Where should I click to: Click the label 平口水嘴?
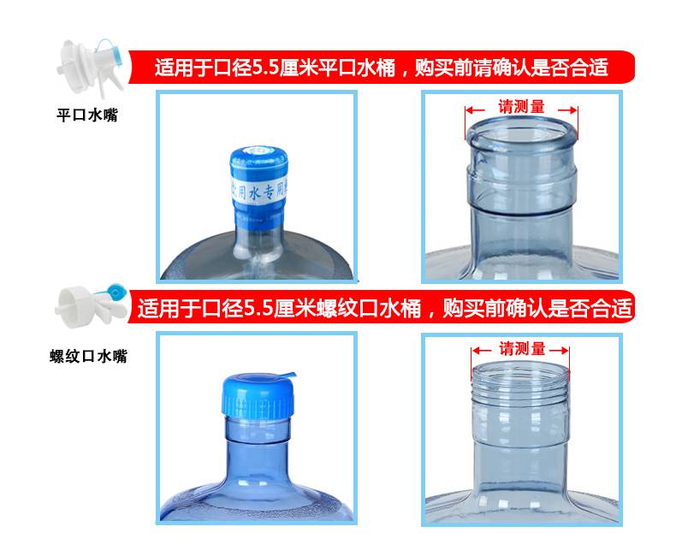pos(87,115)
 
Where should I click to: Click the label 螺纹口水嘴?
pos(88,357)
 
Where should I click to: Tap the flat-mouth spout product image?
pos(91,68)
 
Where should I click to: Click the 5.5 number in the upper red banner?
pos(265,68)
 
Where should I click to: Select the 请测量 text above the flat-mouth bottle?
pos(522,106)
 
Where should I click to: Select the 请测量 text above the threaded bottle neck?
pos(522,348)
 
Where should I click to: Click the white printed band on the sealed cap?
pos(259,190)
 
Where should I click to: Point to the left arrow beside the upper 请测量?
pos(476,109)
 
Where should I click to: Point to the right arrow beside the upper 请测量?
pos(568,109)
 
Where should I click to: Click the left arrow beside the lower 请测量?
pos(482,351)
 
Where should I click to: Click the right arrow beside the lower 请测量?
pos(559,351)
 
